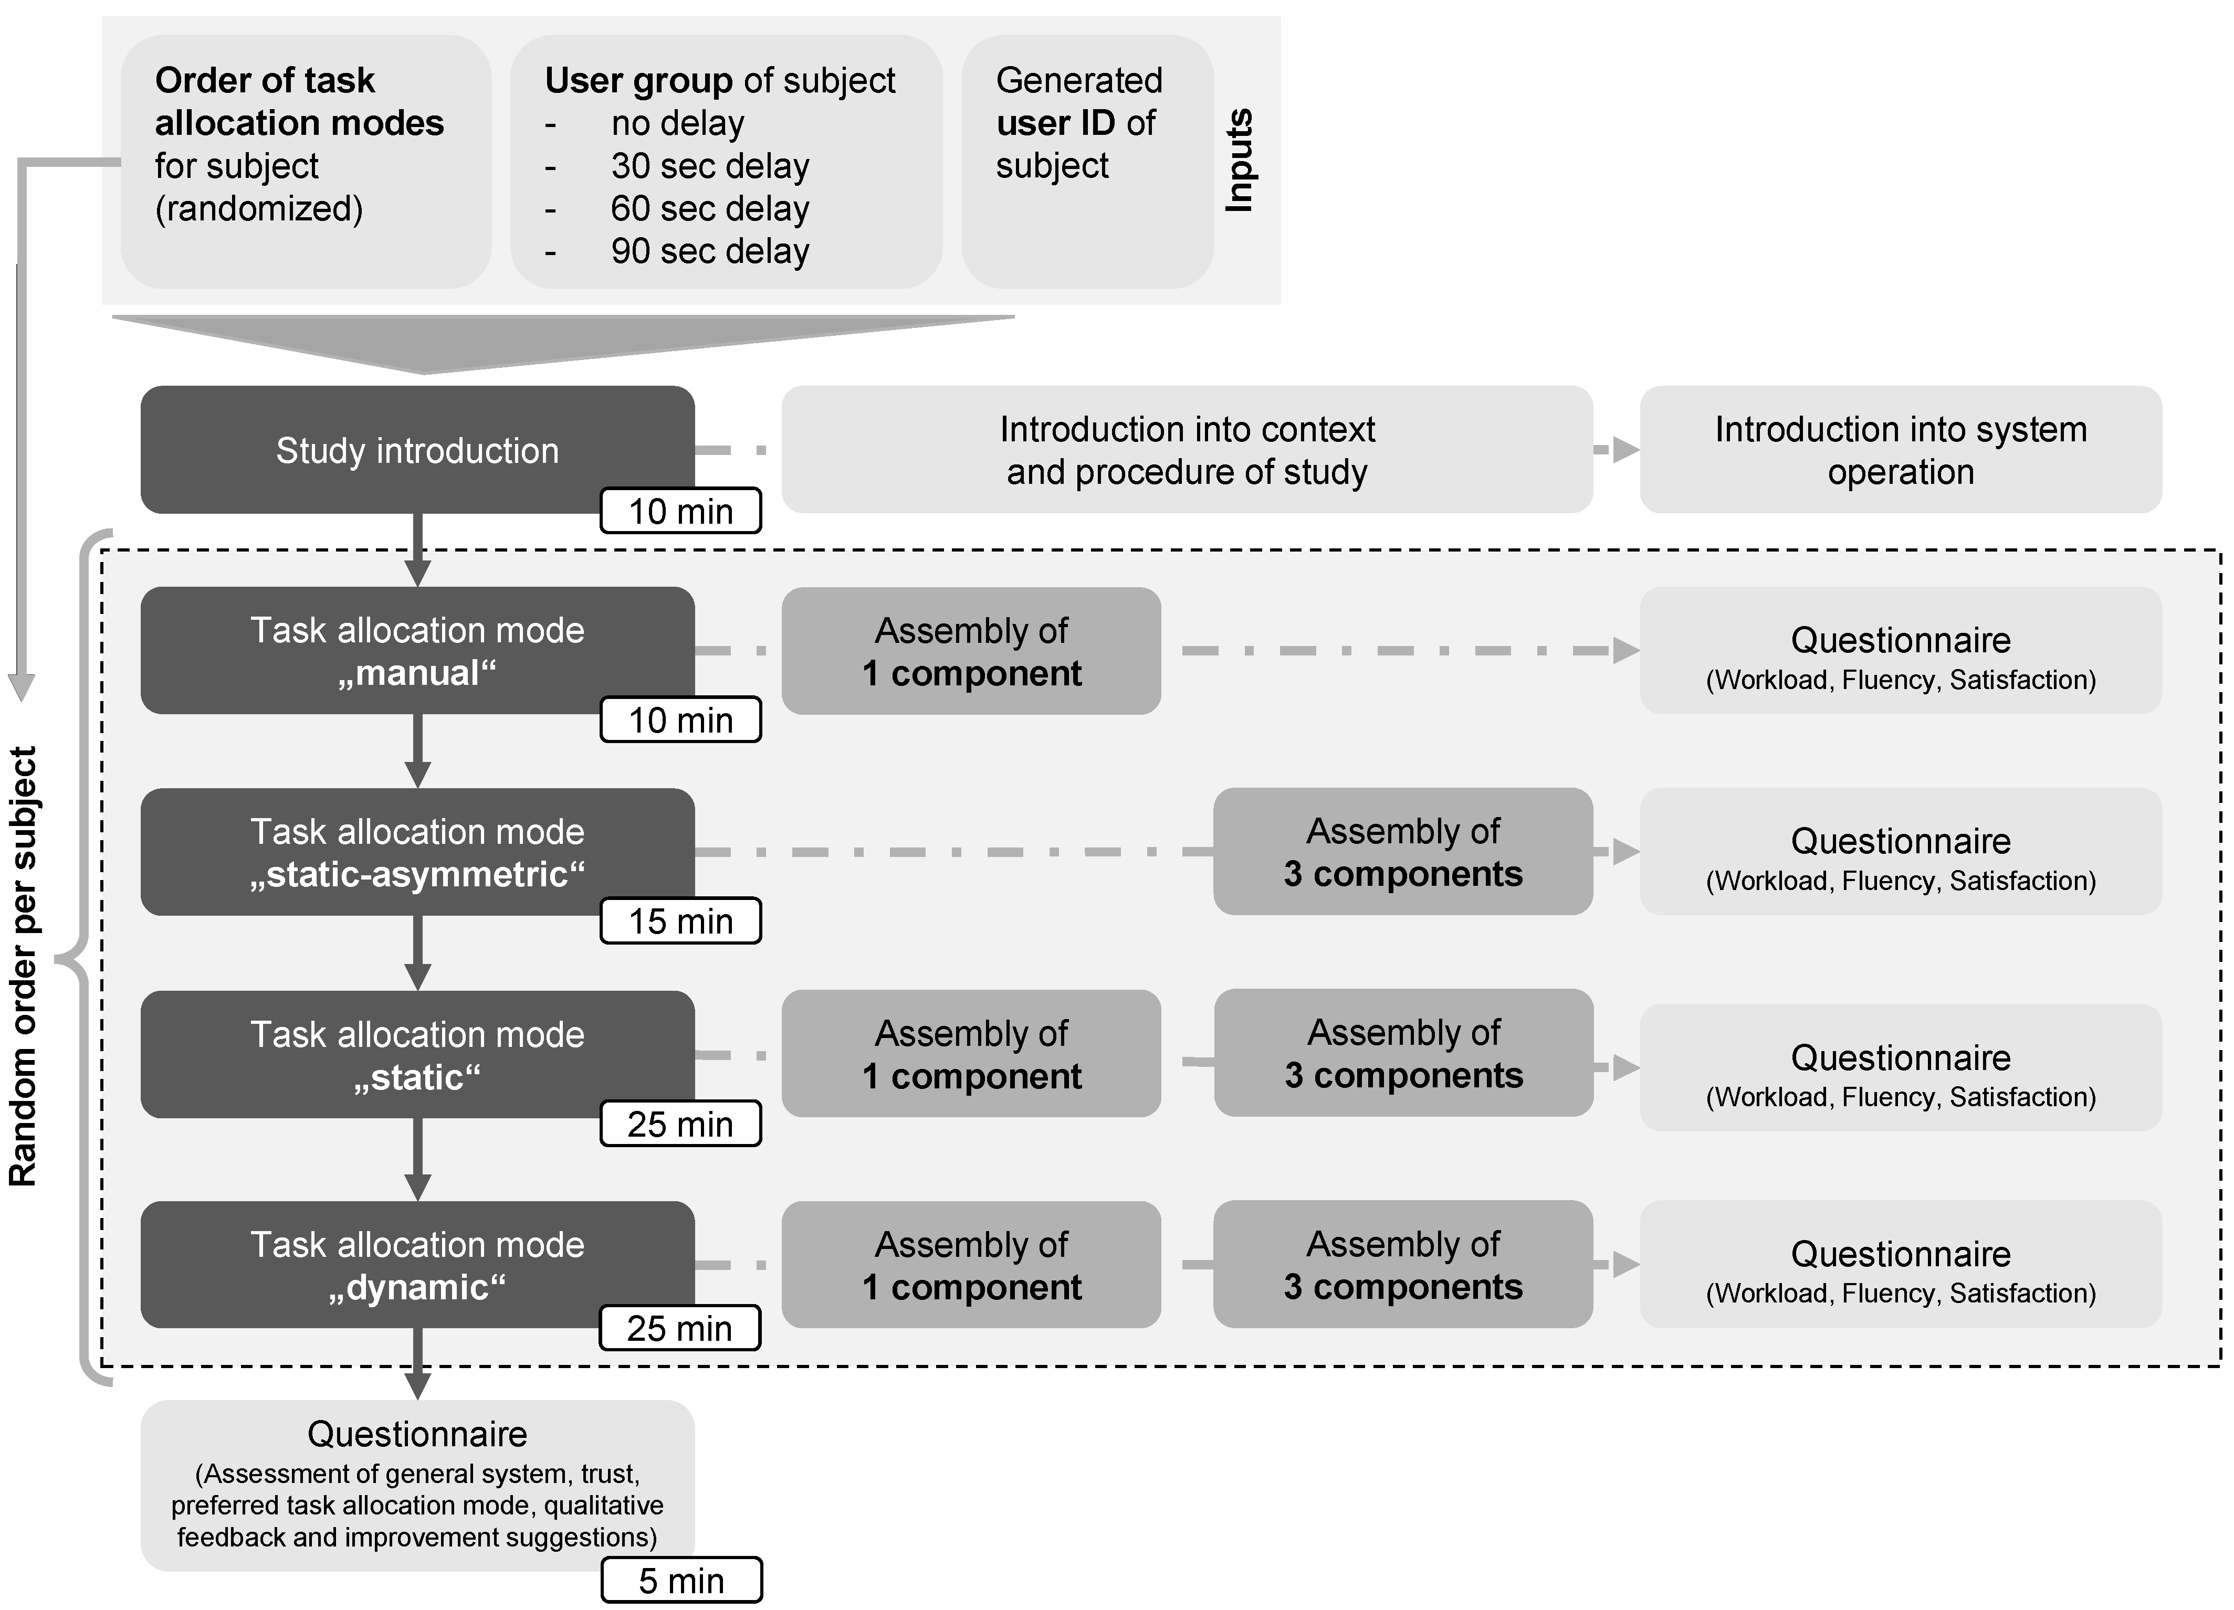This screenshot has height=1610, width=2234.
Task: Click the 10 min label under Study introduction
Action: [680, 511]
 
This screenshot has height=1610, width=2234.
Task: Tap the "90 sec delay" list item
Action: [709, 251]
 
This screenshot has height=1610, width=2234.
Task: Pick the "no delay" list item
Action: [678, 123]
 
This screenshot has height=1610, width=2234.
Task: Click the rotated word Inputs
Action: [1239, 161]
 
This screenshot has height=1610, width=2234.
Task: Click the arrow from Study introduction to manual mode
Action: [417, 552]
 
